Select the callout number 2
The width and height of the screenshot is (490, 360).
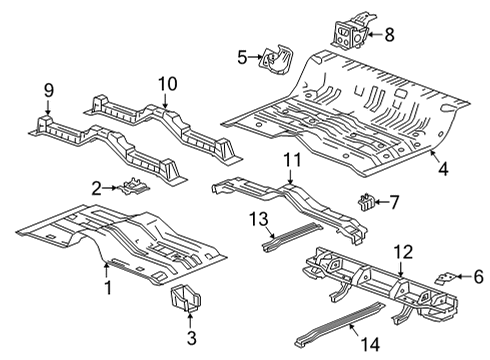click(x=96, y=187)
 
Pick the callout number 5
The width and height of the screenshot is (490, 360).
click(x=241, y=57)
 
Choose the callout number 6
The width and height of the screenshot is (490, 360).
click(x=476, y=274)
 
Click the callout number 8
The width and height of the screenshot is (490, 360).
click(x=389, y=34)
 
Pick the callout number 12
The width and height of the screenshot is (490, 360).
click(x=403, y=251)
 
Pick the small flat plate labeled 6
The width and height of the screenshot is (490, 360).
click(x=450, y=274)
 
